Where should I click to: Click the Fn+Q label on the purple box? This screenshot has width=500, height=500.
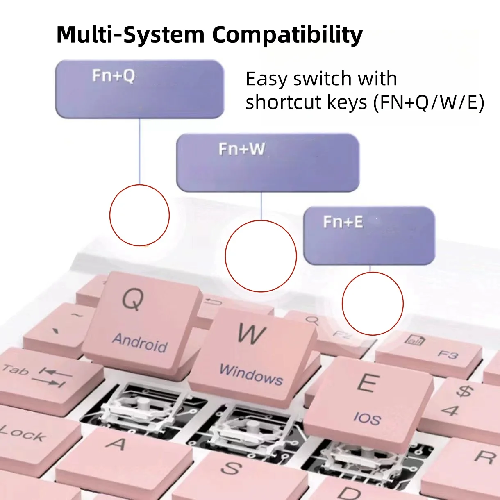point(114,76)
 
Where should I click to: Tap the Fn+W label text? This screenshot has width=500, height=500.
point(241,149)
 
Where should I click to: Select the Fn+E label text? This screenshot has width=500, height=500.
point(343,222)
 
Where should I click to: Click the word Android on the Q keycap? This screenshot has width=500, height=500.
point(140,342)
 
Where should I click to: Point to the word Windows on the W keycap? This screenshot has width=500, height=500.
point(251,374)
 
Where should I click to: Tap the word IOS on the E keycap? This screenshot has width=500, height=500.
point(367,418)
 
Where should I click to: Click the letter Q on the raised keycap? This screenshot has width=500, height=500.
point(133,299)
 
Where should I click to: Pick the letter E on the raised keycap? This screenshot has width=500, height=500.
point(368,383)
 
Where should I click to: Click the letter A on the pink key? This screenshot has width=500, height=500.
point(117,443)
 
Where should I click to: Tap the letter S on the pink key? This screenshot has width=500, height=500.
point(231,468)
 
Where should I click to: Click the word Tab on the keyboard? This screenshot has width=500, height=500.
point(15,370)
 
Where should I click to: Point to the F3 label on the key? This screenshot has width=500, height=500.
point(448,354)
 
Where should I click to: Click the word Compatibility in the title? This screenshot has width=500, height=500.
point(287,34)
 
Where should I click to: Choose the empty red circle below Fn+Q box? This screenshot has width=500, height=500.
point(139,215)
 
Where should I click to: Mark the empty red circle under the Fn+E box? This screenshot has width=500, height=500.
point(373,303)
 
